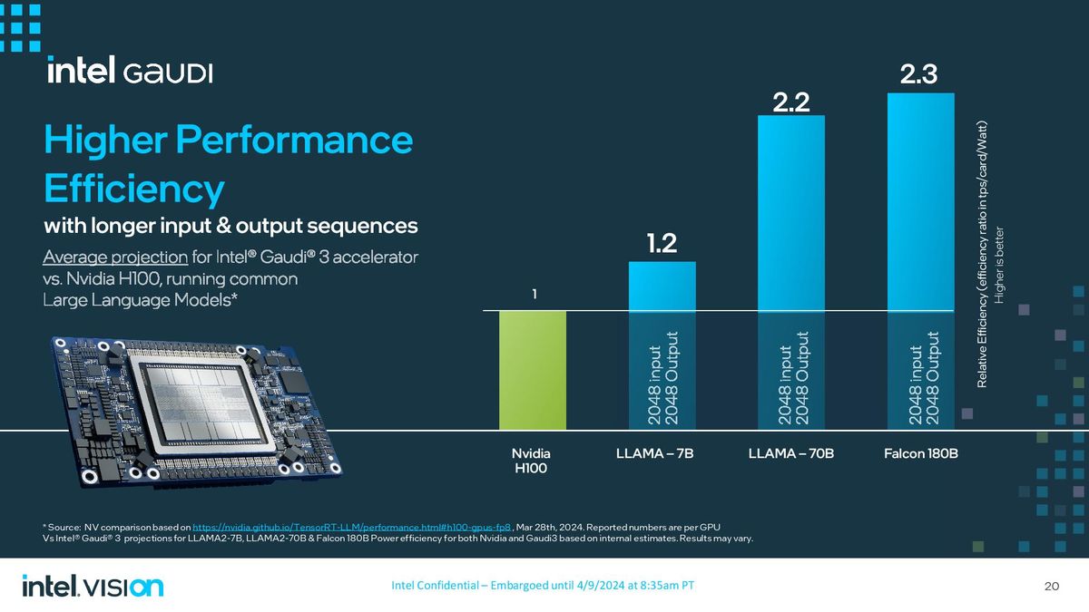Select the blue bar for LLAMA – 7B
[x=662, y=345]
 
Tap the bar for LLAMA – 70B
[x=791, y=272]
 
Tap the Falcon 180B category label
[x=920, y=452]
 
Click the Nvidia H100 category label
[x=532, y=460]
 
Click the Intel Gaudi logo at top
[x=130, y=72]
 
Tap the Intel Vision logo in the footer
[x=93, y=586]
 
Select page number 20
[x=1052, y=586]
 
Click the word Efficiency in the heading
[x=133, y=189]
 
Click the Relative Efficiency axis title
[x=982, y=254]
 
